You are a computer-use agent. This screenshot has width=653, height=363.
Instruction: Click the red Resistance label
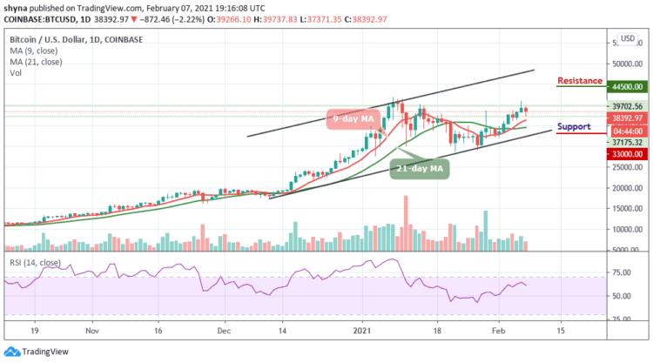point(580,81)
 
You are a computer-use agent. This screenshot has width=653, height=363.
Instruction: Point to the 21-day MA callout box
point(418,167)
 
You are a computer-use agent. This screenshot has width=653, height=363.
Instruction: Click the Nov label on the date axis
point(92,331)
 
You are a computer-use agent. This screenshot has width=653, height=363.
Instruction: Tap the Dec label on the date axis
point(224,331)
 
